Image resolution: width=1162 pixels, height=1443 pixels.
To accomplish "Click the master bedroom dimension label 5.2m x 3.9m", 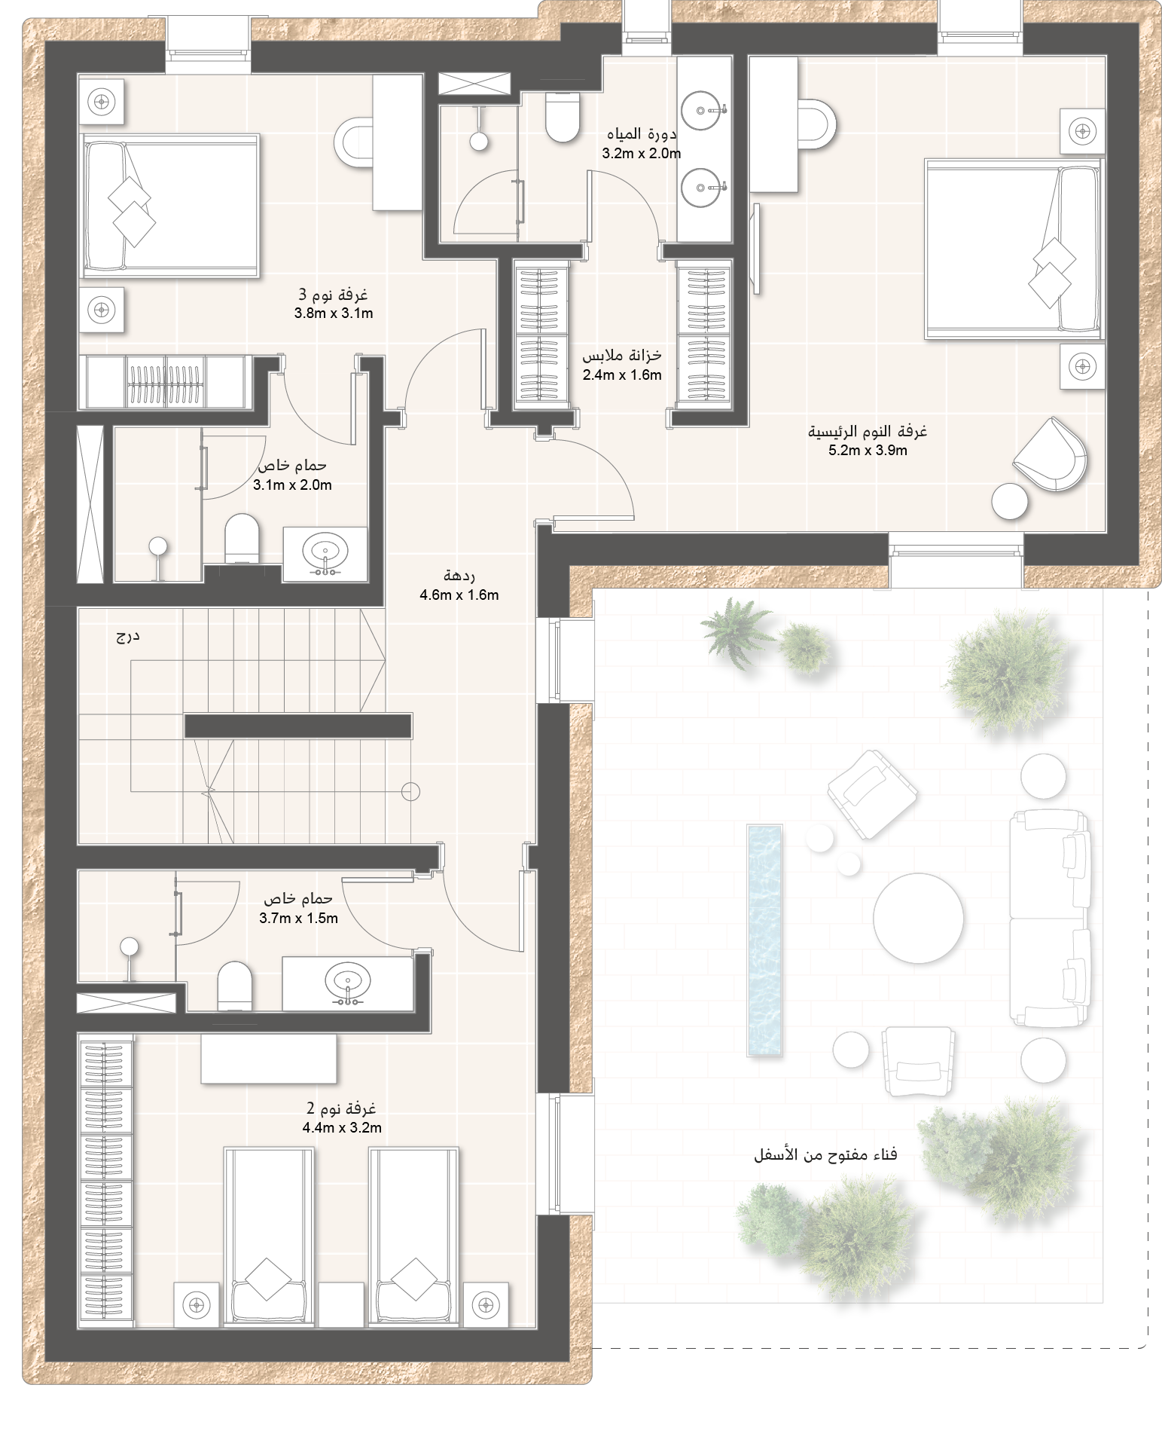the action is pos(868,451).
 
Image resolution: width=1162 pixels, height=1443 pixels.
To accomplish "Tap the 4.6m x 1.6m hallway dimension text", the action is pos(459,595).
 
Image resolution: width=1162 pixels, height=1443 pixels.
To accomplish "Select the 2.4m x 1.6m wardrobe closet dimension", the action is pos(622,375).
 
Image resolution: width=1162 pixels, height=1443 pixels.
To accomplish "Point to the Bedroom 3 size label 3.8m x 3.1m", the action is pos(334,313).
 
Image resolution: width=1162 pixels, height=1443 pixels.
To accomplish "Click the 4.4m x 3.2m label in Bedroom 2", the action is pos(342,1127).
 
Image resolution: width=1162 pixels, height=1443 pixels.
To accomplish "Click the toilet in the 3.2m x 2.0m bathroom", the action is pos(562,118).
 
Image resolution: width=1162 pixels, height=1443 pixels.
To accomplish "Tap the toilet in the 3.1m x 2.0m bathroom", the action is pos(242,538).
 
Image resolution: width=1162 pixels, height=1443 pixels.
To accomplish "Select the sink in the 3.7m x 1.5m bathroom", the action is pos(348,983).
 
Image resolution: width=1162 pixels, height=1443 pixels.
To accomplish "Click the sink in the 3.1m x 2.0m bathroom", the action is pos(325,554).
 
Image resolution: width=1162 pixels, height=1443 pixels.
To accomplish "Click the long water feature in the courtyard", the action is pos(764,940).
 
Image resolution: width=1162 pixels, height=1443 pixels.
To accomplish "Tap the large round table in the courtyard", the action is pos(918,917).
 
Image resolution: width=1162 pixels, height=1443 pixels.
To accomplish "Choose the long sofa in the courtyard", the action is pos(1050,918).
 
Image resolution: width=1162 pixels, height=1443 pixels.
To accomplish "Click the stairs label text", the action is pos(128,636).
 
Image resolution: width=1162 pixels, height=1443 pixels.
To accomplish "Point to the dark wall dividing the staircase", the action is pos(298,726).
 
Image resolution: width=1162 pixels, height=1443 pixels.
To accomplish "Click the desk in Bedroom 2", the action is pos(269,1059).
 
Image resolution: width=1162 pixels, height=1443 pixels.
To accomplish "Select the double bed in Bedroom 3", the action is pos(171,202).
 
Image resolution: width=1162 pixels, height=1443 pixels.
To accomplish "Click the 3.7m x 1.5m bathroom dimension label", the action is pos(298,918).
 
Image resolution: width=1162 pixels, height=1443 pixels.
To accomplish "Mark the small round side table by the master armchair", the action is pos(1010,500).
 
